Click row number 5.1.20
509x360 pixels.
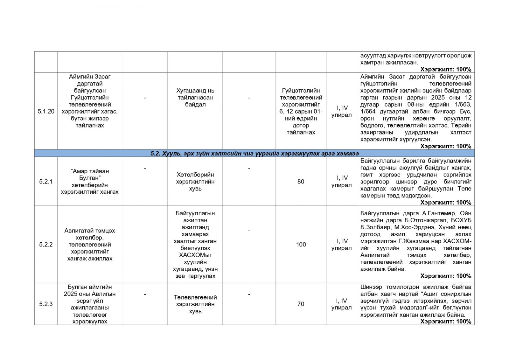click(46, 111)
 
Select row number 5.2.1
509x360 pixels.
click(46, 182)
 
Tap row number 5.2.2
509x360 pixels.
click(46, 245)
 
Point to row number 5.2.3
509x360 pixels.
click(46, 304)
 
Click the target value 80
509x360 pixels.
click(301, 182)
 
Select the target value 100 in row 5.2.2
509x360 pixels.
click(301, 245)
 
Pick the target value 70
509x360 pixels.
click(301, 304)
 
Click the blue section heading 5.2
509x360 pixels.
click(254, 154)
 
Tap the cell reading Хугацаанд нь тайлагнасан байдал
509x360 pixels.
click(195, 98)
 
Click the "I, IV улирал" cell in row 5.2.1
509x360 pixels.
click(341, 182)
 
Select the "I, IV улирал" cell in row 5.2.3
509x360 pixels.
click(341, 304)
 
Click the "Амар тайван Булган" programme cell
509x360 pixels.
click(90, 182)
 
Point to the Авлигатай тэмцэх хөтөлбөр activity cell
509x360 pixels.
click(90, 245)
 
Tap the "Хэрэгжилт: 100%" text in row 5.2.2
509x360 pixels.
click(445, 276)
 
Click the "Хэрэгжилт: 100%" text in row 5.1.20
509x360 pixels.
click(445, 146)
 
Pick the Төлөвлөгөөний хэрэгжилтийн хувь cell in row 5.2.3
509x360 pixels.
click(195, 304)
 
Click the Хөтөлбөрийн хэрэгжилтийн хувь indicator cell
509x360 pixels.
click(195, 182)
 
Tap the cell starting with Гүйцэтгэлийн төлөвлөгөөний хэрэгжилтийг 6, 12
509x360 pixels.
click(301, 111)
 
